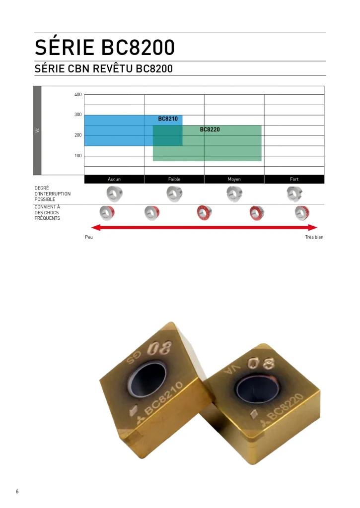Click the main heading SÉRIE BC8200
coord(104,47)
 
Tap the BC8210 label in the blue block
coord(168,119)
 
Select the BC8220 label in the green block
coord(210,129)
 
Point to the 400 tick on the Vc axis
coord(78,95)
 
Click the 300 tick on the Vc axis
coord(78,115)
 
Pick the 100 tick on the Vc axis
coord(78,156)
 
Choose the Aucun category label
coord(114,179)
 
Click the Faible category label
coord(174,179)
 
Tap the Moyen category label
coord(234,179)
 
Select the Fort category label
coord(294,179)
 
